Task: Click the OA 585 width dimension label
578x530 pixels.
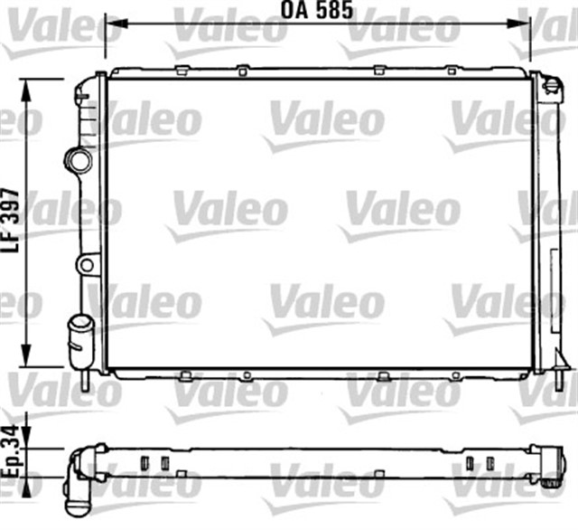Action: tap(315, 12)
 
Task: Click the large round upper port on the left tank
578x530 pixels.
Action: tap(79, 161)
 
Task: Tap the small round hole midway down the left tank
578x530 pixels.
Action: tap(86, 265)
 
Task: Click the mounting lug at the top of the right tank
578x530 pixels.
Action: tap(551, 84)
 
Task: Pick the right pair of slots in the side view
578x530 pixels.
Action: tap(480, 462)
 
